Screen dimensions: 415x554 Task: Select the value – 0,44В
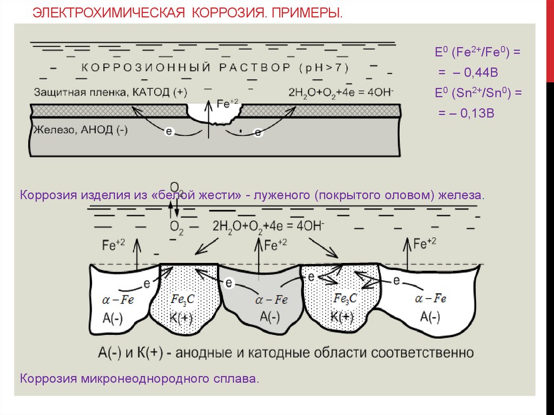click(x=465, y=73)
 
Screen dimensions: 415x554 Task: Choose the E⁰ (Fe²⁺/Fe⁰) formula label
click(x=478, y=53)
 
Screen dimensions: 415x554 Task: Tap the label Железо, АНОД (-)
click(x=81, y=131)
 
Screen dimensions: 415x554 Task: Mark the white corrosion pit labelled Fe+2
click(x=213, y=112)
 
